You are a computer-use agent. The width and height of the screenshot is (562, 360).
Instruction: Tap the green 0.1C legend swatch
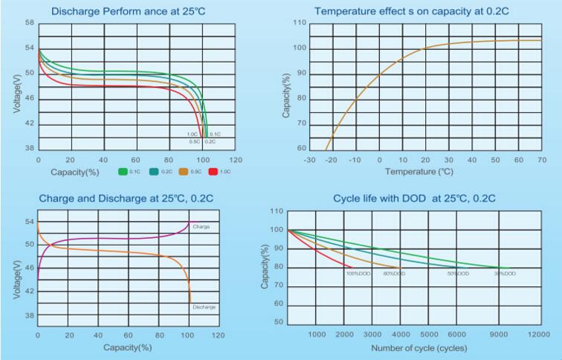(123, 172)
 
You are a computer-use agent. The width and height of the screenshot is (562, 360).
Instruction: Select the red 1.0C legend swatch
(213, 172)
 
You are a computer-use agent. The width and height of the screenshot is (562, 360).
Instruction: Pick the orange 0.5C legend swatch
(183, 172)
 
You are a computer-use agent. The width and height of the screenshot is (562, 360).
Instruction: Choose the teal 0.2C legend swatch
(153, 172)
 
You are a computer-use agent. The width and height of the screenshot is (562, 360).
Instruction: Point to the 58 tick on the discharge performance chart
(29, 23)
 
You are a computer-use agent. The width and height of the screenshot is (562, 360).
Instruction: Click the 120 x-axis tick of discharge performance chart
(236, 160)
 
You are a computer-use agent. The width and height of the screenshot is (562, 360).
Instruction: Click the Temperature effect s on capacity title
(406, 12)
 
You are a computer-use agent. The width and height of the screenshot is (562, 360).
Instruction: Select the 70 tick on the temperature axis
(541, 160)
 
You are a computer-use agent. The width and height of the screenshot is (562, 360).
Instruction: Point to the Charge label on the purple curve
(200, 226)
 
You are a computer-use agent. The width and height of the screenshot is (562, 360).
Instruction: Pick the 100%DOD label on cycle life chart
(358, 274)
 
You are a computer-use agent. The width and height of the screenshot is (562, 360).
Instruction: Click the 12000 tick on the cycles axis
(539, 335)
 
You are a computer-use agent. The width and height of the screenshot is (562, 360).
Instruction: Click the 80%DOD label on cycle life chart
(394, 274)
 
